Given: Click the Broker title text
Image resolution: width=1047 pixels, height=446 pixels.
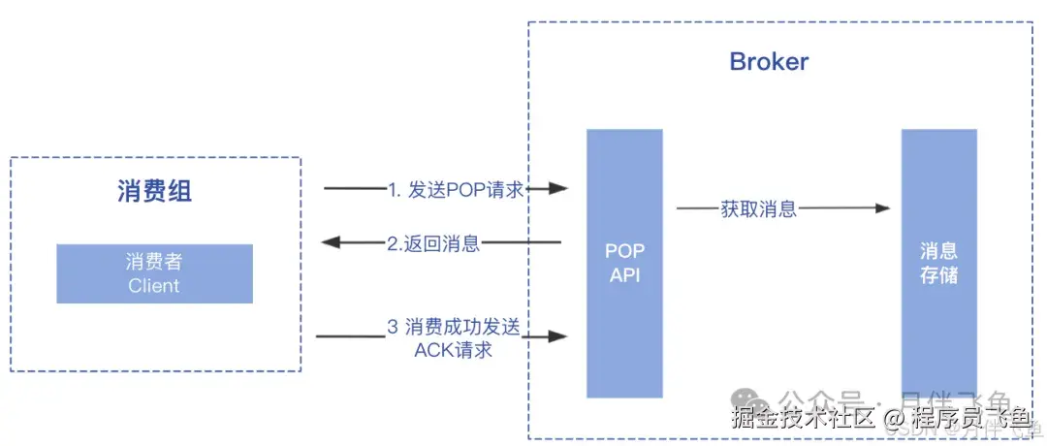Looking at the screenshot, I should coord(769,63).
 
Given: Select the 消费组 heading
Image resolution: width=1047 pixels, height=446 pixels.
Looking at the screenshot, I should coord(154,191).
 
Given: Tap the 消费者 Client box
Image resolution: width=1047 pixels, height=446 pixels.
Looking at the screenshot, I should coord(154,273).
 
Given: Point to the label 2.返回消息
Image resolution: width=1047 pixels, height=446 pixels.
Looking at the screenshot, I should coord(433,243).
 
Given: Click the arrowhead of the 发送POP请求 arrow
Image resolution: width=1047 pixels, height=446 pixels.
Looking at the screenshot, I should coord(557,189).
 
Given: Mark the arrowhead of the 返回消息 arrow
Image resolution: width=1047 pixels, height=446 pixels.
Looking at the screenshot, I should coord(332,242).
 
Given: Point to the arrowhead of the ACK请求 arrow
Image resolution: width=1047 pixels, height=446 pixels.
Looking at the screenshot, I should coord(557,336).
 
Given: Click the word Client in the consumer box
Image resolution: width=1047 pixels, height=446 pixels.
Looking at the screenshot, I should coord(154,285).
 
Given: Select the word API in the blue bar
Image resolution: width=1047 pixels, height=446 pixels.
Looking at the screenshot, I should coord(625,275).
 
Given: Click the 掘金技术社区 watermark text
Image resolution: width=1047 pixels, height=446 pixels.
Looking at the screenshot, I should coord(804,418).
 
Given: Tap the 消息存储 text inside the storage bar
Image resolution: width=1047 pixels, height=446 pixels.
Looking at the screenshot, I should coord(938,263).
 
